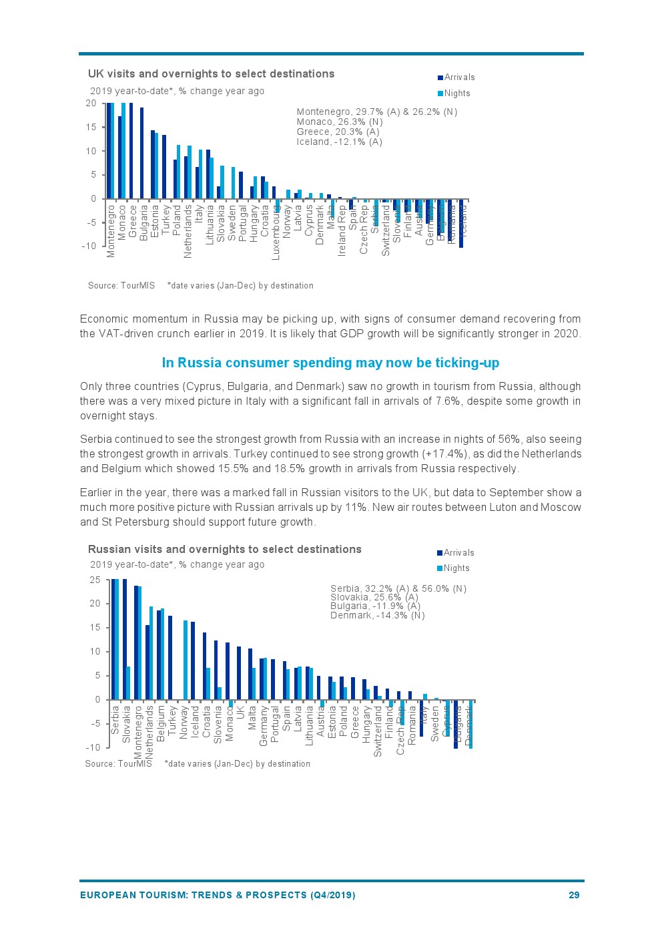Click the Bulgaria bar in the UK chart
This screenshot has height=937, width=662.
click(141, 153)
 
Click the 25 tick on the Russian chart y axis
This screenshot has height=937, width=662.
click(95, 580)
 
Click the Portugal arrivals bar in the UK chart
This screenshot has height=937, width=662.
click(241, 185)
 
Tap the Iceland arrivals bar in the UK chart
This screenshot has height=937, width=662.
click(461, 223)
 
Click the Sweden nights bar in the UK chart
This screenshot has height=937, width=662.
click(233, 183)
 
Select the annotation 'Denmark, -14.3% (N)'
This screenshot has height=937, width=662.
click(377, 615)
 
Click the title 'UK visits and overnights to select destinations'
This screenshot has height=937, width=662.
click(211, 74)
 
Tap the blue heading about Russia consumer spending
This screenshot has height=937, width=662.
click(330, 363)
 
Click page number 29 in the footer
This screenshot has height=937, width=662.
click(574, 895)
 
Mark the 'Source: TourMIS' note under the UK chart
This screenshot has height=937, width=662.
click(121, 285)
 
